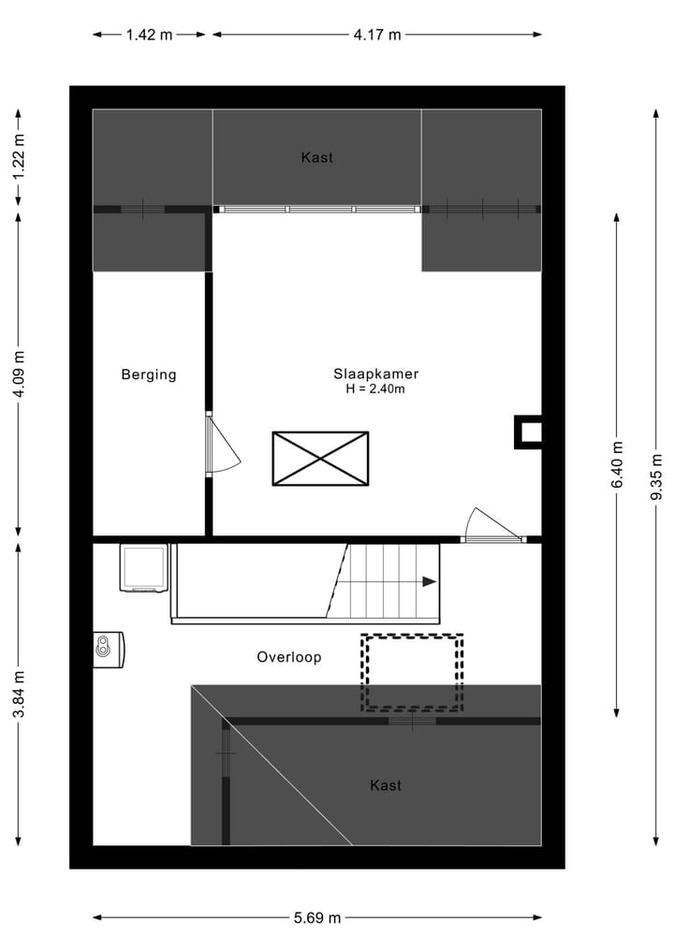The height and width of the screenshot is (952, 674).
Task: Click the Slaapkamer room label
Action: click(375, 373)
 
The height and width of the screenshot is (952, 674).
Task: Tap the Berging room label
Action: click(149, 374)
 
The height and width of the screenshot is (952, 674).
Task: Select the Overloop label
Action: click(289, 657)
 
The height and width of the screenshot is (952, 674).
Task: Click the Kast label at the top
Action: click(316, 157)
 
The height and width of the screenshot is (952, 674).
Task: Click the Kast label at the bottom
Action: click(386, 785)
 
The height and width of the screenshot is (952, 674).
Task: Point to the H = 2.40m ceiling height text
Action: click(375, 389)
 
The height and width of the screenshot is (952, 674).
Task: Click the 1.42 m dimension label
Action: click(150, 36)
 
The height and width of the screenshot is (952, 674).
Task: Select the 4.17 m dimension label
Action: click(377, 36)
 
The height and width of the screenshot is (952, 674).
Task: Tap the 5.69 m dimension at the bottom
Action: click(316, 918)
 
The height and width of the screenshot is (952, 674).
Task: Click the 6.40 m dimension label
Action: click(617, 464)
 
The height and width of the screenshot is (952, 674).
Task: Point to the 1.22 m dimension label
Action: click(19, 156)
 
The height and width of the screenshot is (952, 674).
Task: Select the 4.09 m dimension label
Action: click(19, 373)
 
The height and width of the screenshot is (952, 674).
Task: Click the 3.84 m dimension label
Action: click(19, 695)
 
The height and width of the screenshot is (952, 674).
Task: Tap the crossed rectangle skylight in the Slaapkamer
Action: click(320, 459)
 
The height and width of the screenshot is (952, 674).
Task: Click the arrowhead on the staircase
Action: click(429, 581)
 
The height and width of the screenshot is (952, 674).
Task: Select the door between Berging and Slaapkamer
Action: click(223, 446)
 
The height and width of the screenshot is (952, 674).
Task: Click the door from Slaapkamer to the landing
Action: click(491, 525)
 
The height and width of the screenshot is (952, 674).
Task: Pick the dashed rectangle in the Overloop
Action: click(413, 672)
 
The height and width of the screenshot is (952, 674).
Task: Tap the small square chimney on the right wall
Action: click(528, 431)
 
